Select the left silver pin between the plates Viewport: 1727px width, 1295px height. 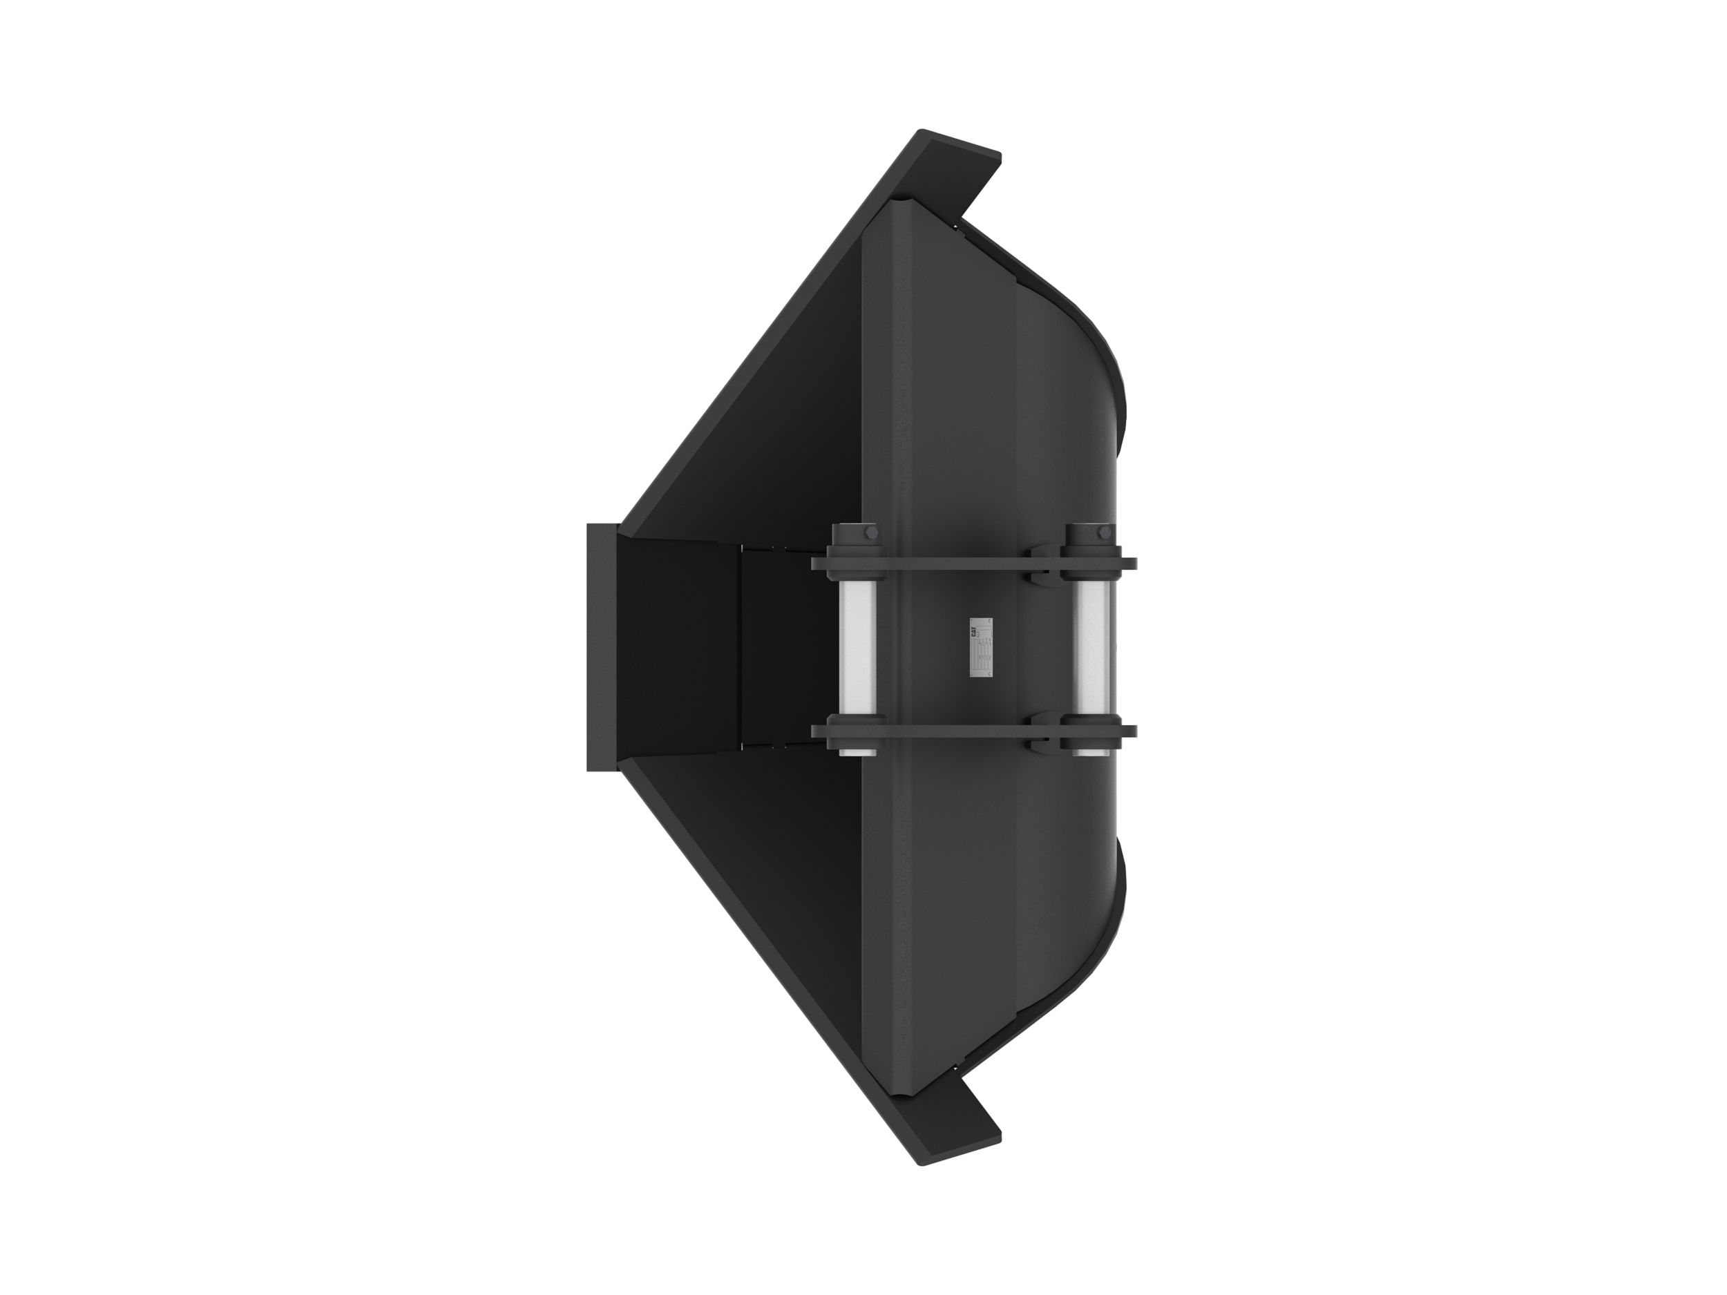tap(857, 646)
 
